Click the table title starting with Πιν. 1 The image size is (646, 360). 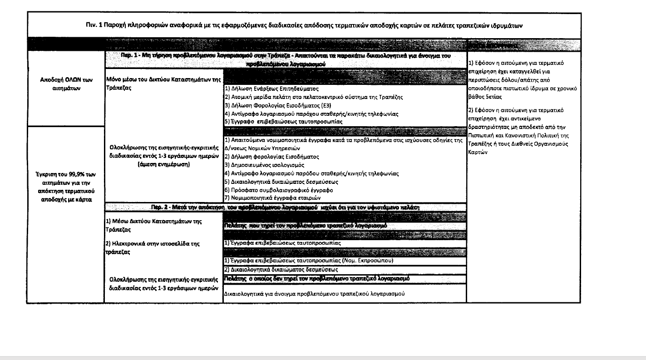(x=304, y=26)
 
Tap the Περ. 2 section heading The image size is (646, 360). (x=286, y=207)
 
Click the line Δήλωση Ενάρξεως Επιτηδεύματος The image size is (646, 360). (x=272, y=89)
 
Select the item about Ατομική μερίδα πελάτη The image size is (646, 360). (x=313, y=97)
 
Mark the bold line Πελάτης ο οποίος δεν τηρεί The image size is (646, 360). (x=317, y=277)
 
